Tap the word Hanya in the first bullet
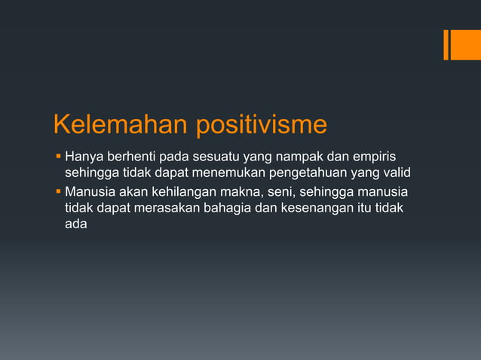84,157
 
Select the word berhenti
133,157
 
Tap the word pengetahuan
298,174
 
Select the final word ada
75,224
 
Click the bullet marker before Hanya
58,157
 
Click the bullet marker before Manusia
58,191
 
